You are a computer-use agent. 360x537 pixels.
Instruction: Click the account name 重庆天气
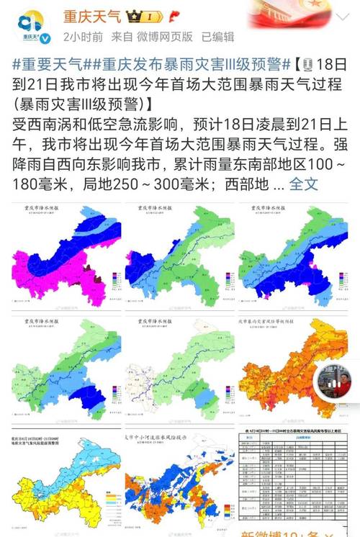pyautogui.click(x=93, y=15)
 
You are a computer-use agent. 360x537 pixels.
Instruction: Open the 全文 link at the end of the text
pyautogui.click(x=303, y=184)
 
